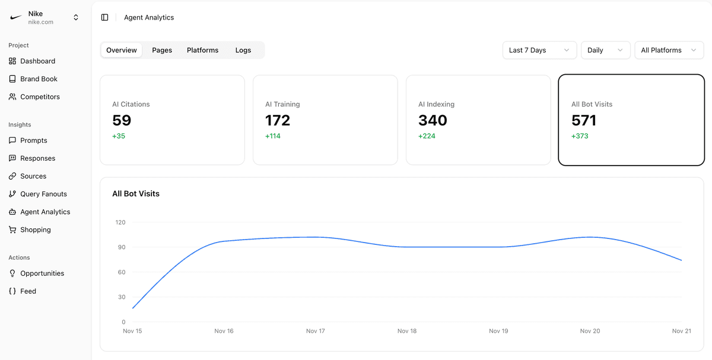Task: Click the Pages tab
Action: click(x=162, y=50)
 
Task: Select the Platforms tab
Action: click(x=202, y=50)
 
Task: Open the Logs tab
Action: click(x=243, y=50)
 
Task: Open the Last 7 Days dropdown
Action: click(x=539, y=50)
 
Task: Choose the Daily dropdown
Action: click(x=605, y=50)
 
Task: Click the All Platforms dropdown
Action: click(x=669, y=50)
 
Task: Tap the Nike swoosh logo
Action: click(x=16, y=18)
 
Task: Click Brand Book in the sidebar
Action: click(x=39, y=79)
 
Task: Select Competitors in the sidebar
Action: click(x=40, y=97)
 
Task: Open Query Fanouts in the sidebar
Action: click(x=43, y=194)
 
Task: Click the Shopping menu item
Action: click(x=35, y=230)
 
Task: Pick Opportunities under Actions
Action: click(x=42, y=273)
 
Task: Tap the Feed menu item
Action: click(x=28, y=291)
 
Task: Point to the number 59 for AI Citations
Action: click(x=122, y=120)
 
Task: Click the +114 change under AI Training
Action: click(x=273, y=136)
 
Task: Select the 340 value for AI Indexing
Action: click(x=433, y=120)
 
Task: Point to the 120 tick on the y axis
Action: click(x=120, y=222)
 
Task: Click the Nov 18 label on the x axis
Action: click(x=407, y=331)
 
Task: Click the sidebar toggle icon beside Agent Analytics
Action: click(x=105, y=18)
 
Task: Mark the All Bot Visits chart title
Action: click(x=136, y=194)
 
